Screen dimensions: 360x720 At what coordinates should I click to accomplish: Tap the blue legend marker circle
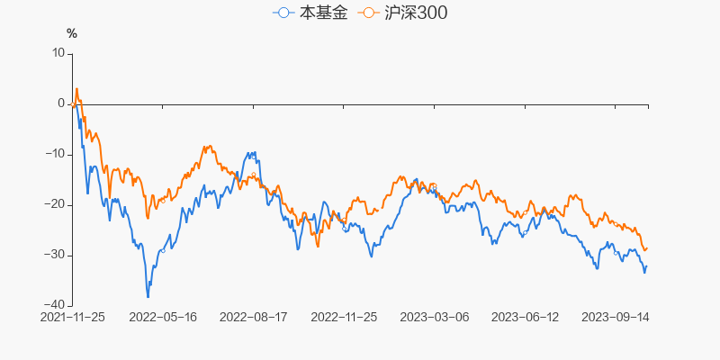click(285, 13)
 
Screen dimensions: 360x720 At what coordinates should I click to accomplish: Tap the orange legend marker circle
click(368, 13)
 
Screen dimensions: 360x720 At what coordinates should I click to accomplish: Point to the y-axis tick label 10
click(59, 53)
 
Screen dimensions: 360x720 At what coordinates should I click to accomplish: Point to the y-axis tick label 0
click(62, 103)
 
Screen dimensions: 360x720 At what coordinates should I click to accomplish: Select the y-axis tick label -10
click(56, 154)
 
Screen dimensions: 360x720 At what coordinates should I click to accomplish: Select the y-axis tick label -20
click(56, 204)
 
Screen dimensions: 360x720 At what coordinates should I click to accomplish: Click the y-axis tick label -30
click(56, 255)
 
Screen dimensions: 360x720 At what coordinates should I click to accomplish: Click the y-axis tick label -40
click(56, 305)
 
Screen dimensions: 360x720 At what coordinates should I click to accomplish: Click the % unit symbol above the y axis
click(72, 34)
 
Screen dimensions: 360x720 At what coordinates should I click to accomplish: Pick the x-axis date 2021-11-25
click(73, 318)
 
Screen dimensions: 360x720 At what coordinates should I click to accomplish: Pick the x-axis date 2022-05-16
click(163, 318)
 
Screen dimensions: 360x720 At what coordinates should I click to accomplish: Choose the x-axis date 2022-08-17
click(253, 318)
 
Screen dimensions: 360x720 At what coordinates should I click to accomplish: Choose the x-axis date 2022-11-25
click(344, 318)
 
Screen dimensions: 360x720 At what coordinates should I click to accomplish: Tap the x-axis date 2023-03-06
click(434, 318)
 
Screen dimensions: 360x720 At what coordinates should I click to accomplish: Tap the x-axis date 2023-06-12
click(524, 318)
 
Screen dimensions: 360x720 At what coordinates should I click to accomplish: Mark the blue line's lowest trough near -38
click(148, 296)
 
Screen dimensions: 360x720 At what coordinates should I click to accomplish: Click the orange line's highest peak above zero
click(76, 88)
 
